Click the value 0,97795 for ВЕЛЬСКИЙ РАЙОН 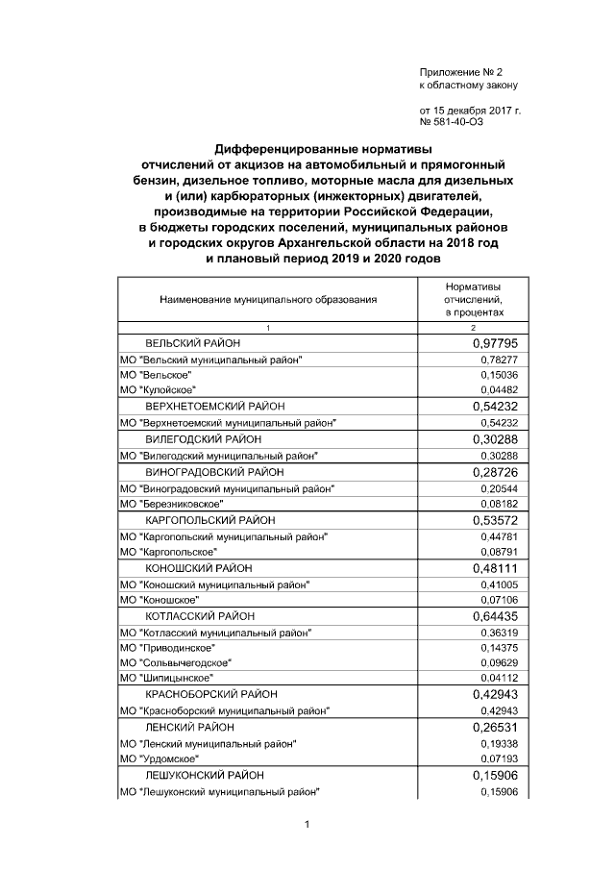(x=495, y=342)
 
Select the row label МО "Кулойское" (x=157, y=389)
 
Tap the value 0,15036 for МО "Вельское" (x=499, y=374)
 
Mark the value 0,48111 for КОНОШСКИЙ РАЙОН (x=495, y=568)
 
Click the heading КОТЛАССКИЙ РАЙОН (x=200, y=616)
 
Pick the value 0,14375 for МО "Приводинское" (x=499, y=649)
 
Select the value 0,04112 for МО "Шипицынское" (x=499, y=680)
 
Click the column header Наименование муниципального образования (x=268, y=300)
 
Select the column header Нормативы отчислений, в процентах (x=473, y=300)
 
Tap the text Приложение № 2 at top (x=461, y=73)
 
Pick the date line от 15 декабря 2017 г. (x=470, y=112)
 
